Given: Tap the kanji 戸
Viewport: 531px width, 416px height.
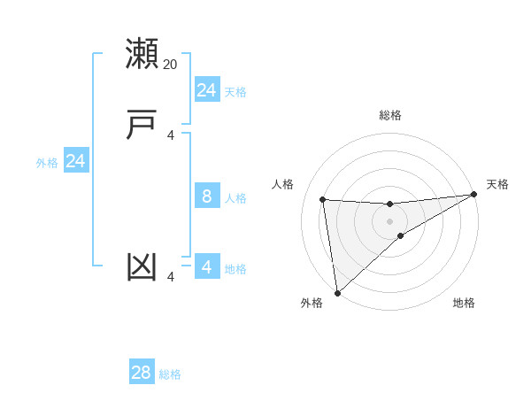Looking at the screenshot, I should point(142,124).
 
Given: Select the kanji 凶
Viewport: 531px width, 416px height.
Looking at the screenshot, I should point(142,267).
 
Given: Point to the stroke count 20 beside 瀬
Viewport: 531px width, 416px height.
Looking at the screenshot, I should point(171,64).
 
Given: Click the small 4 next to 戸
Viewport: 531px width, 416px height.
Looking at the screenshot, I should point(171,135).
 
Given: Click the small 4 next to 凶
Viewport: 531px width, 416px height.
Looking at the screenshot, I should point(171,278).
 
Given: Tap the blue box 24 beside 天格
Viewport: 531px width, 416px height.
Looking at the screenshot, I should point(207,90).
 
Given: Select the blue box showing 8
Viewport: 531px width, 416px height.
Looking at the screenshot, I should point(207,196).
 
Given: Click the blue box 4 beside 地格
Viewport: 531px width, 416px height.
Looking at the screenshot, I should point(207,267).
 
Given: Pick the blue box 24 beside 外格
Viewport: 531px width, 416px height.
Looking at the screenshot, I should point(76,161).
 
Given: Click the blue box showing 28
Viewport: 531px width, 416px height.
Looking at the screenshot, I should point(142,373).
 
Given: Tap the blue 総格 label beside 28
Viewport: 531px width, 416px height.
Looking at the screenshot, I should point(170,374).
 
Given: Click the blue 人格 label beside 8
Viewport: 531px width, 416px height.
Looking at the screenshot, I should point(235,198).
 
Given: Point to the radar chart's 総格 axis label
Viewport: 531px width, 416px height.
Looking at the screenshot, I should point(390,115).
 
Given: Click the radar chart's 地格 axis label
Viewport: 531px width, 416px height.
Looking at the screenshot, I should point(464,303).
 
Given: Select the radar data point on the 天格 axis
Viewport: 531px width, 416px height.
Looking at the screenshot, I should point(474,195).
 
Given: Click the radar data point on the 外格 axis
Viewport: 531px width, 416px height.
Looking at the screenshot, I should point(337,293).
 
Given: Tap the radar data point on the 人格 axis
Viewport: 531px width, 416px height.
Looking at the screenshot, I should point(323,199).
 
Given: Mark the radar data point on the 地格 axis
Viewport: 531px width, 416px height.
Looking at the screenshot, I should point(401,235).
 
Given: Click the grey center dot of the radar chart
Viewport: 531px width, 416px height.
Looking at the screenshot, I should point(390,220).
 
